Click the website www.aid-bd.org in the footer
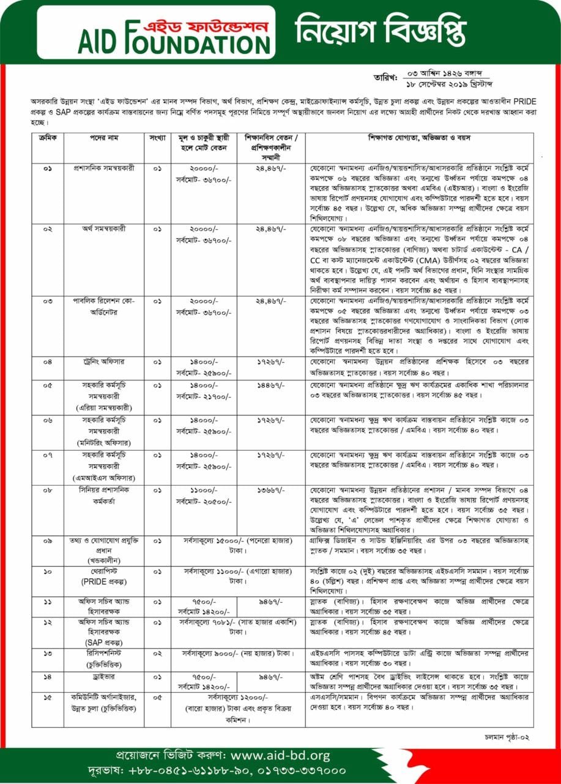[x=281, y=755]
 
